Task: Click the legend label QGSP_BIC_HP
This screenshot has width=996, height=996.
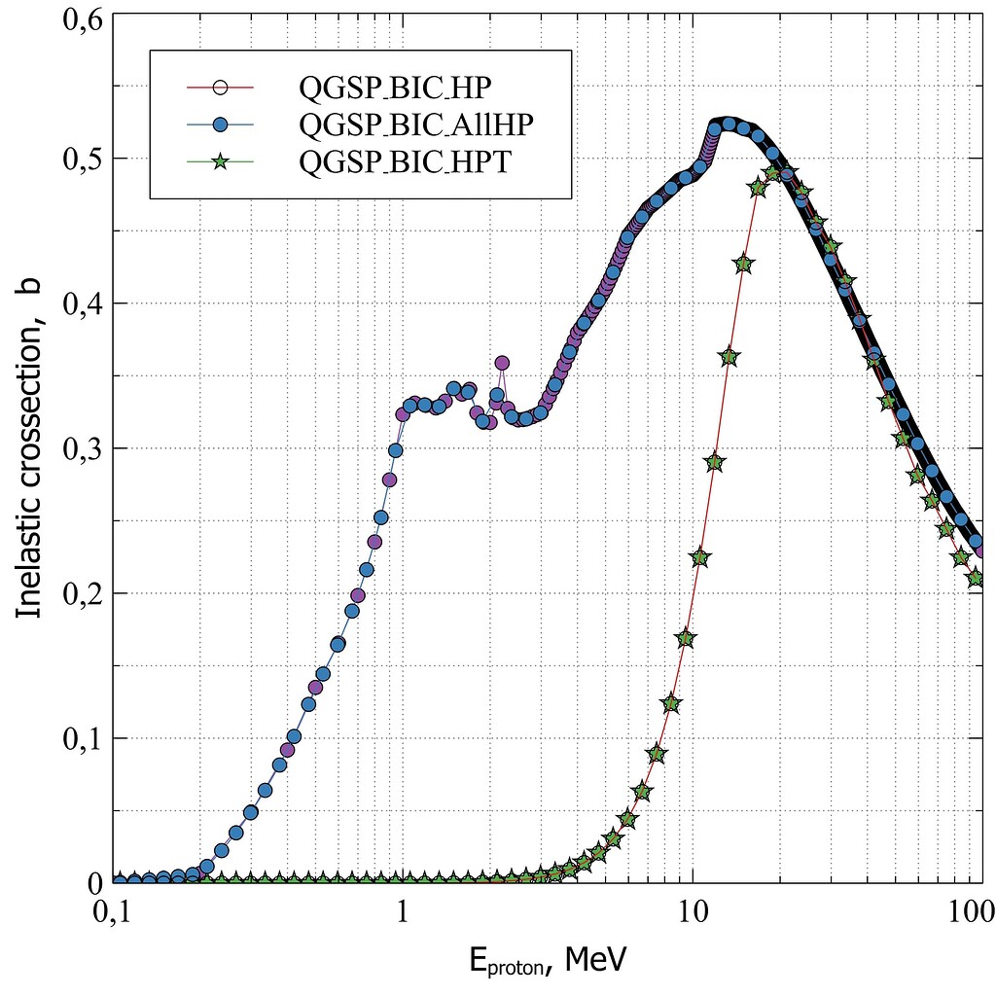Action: coord(396,88)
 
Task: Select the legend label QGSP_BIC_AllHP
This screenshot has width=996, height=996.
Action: coord(417,124)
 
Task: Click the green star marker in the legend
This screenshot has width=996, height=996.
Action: coord(220,162)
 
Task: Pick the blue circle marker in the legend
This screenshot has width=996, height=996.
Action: coord(220,124)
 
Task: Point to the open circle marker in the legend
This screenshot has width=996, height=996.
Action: coord(220,88)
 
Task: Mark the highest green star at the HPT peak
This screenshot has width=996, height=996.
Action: coord(773,173)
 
